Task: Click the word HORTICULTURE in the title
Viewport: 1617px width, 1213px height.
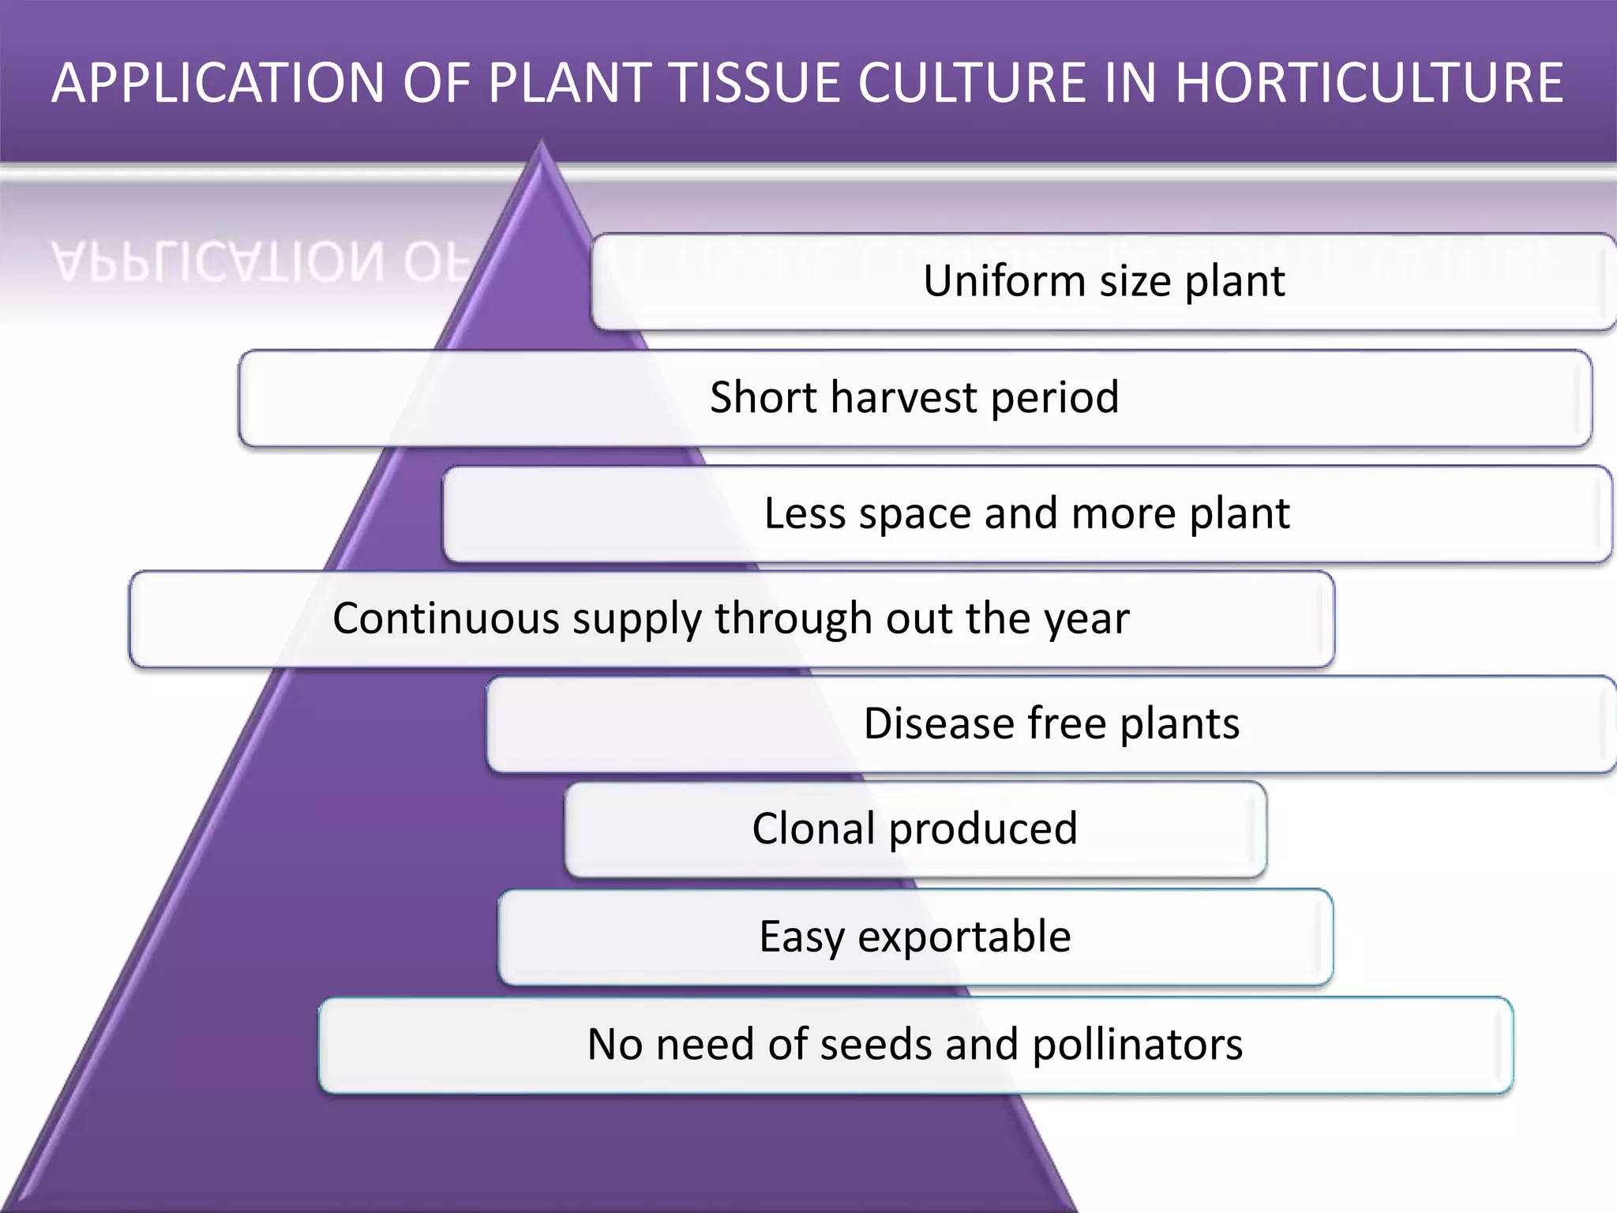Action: point(1369,83)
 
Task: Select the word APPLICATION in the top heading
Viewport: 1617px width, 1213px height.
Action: point(218,83)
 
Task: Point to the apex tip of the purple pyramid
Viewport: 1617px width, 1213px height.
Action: point(542,143)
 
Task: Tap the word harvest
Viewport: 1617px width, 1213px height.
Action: point(904,396)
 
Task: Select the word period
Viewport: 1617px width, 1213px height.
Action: point(1055,398)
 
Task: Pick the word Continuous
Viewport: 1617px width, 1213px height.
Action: point(445,618)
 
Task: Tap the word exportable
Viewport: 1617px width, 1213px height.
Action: point(964,937)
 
